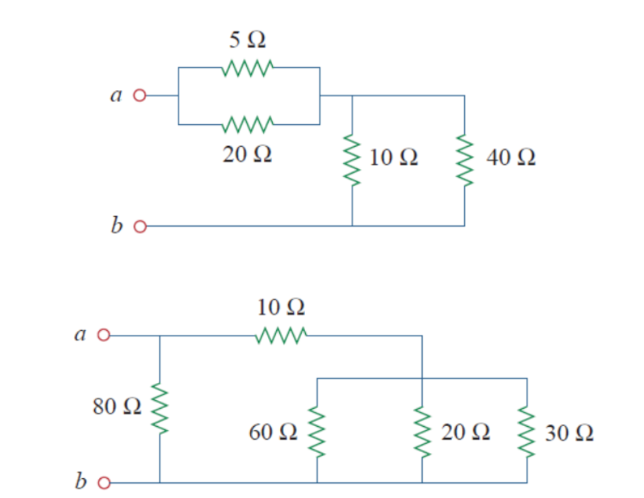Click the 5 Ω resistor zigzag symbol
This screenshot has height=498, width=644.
247,67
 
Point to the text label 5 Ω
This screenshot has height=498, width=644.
247,40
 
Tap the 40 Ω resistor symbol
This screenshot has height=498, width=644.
464,160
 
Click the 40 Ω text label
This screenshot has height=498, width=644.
511,158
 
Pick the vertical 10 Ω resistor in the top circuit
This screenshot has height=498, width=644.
352,160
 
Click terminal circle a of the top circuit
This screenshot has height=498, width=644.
139,95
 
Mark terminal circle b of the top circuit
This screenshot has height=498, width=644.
139,226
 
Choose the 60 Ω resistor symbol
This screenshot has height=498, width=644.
317,431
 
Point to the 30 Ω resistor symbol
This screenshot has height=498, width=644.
526,431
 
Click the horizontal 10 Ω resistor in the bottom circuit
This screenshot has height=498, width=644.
280,336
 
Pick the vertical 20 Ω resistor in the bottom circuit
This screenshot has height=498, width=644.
422,431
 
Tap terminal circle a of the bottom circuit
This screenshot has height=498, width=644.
103,336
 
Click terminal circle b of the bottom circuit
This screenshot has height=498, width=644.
103,482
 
